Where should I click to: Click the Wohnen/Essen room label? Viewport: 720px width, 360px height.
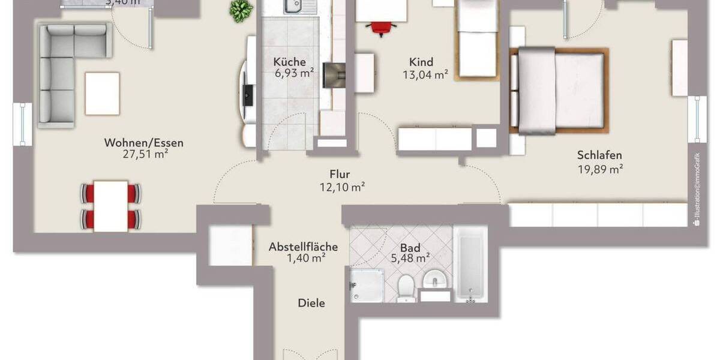click(x=144, y=143)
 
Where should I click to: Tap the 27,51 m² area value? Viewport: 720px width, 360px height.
click(x=144, y=155)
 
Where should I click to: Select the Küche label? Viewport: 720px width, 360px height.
click(x=290, y=62)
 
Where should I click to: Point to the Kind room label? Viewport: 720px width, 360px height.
click(x=421, y=62)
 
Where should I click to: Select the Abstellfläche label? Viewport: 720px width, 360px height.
click(x=303, y=247)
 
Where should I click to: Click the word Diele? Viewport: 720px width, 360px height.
click(x=311, y=304)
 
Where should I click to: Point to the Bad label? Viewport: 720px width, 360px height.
click(x=410, y=247)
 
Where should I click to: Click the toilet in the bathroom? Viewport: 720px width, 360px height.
click(x=406, y=287)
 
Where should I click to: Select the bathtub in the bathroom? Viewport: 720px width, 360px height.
click(x=471, y=264)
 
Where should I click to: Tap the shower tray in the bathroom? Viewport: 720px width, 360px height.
click(x=366, y=285)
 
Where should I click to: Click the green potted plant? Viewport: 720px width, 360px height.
click(x=241, y=10)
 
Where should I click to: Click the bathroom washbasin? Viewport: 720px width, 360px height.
click(x=435, y=281)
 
